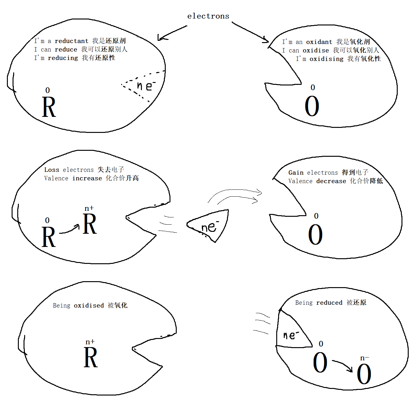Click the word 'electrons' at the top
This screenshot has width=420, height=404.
[x=208, y=16]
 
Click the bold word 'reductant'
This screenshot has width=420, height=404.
[x=71, y=41]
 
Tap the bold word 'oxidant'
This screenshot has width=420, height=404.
[x=319, y=42]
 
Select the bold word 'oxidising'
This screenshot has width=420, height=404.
[x=326, y=59]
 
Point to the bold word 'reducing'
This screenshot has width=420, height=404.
[x=62, y=58]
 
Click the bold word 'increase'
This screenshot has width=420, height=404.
[x=87, y=178]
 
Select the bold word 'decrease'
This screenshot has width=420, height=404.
[x=331, y=181]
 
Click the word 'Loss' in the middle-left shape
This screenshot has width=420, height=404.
[x=51, y=170]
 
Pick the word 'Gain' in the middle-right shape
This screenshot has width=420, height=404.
[x=296, y=172]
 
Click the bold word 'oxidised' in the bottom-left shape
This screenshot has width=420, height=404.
[x=89, y=305]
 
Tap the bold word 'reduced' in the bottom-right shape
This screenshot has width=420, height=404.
[x=329, y=303]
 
